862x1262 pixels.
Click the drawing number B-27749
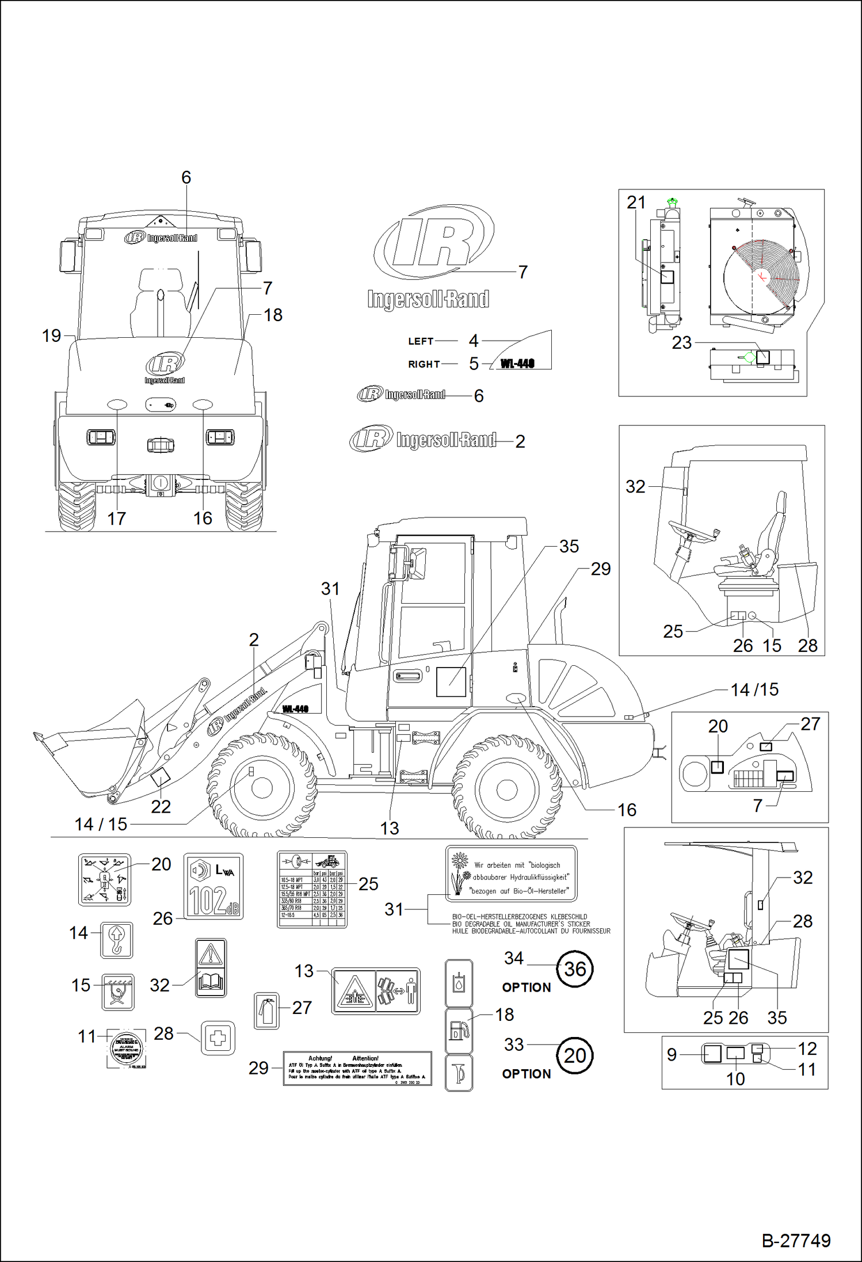point(796,1240)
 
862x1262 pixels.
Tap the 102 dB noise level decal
point(213,886)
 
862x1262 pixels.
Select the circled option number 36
point(575,969)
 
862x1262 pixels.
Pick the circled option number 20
point(575,1055)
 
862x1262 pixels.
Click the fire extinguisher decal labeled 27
point(266,1011)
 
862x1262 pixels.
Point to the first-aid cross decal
point(218,1038)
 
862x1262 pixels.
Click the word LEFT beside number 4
point(421,341)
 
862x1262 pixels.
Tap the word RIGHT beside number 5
point(424,364)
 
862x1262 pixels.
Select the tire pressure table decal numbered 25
point(312,889)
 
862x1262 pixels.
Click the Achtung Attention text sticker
point(357,1069)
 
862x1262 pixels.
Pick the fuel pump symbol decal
point(459,1031)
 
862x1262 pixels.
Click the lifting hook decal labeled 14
point(116,940)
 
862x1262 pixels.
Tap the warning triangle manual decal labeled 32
point(211,967)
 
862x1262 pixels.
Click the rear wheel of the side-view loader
point(506,787)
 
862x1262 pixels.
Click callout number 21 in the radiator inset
point(636,203)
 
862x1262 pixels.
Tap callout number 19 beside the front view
point(51,335)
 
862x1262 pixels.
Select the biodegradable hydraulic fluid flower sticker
point(511,874)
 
